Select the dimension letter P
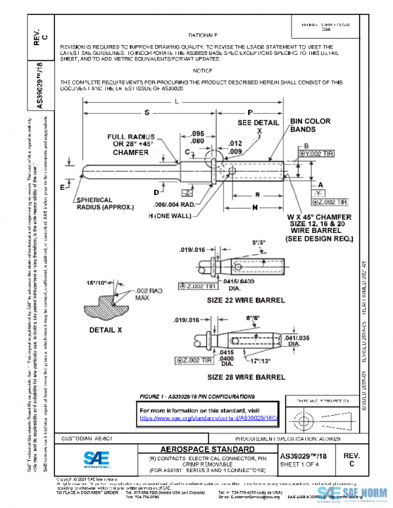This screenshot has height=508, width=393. (x=250, y=113)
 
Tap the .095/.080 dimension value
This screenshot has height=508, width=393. (x=197, y=137)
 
